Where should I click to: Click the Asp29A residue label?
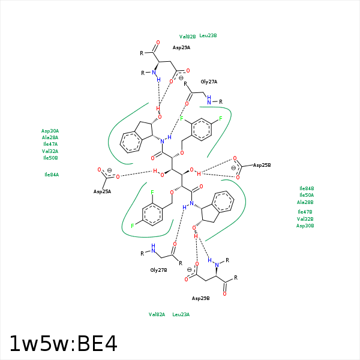(181, 48)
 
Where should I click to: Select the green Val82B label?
(187, 37)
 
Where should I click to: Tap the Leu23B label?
(208, 35)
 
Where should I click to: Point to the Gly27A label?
(209, 82)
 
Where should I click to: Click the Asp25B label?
(262, 166)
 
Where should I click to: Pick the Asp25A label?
(102, 192)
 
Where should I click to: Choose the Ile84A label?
(52, 175)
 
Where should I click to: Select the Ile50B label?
(50, 158)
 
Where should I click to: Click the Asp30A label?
(50, 131)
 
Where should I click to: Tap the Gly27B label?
(158, 270)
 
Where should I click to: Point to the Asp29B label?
(200, 298)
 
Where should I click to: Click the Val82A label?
(157, 314)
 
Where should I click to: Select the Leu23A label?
(181, 314)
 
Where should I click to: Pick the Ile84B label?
(307, 189)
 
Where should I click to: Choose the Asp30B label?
(305, 226)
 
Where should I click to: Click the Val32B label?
(305, 219)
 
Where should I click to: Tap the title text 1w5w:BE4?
(64, 344)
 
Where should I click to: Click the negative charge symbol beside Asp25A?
(110, 170)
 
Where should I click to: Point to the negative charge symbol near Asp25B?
(233, 168)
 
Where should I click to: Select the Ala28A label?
(50, 138)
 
